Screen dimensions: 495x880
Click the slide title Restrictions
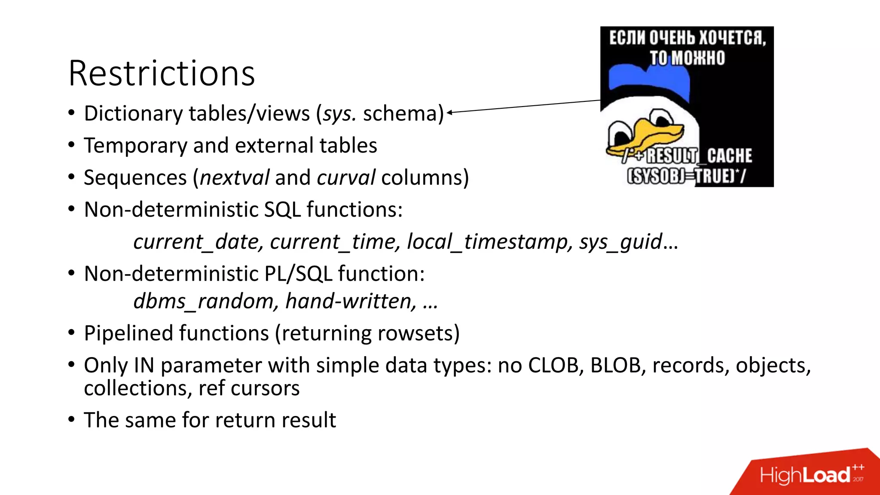click(162, 73)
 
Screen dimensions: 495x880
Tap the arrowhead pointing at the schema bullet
click(449, 113)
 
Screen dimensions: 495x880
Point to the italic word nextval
click(235, 177)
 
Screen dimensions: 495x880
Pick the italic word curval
click(346, 177)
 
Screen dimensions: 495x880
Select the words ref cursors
click(249, 388)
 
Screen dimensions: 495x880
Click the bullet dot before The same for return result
click(71, 420)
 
